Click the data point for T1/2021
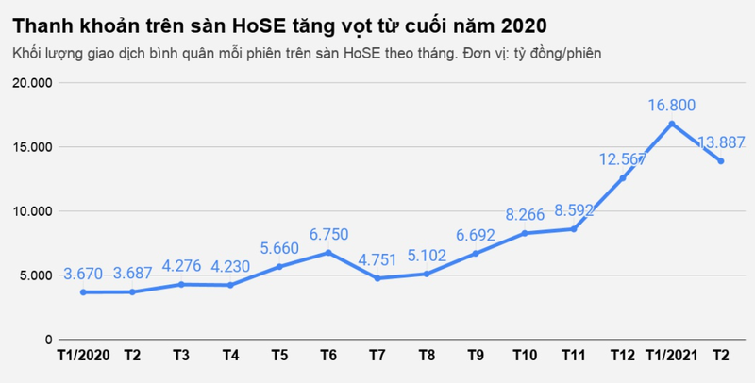[671, 124]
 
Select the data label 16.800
[671, 105]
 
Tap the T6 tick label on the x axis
[328, 356]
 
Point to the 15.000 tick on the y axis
[33, 147]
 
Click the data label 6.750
[328, 233]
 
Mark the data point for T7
[377, 278]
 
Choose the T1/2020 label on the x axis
[83, 356]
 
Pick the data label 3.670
[87, 274]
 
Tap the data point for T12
[623, 178]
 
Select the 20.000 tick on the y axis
[33, 83]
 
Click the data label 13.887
[721, 142]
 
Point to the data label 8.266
[525, 214]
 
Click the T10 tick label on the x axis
[525, 356]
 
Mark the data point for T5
[279, 267]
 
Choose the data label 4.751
[377, 258]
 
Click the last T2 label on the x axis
[720, 356]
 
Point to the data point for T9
[476, 253]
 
